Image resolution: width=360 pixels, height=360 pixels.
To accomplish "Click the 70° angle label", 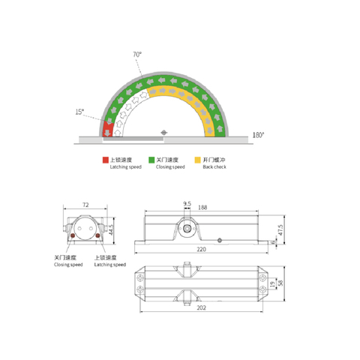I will click(137, 55).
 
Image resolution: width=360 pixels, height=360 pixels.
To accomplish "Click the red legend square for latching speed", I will click(106, 160).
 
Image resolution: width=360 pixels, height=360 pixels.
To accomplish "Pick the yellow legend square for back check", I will click(196, 160).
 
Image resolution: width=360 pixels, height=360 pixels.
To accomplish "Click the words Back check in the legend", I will click(214, 166).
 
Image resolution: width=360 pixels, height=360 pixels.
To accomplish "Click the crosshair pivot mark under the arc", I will click(164, 134).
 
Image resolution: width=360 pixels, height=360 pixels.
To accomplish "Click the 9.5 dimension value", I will click(187, 203).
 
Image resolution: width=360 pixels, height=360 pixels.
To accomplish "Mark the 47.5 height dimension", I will click(281, 227).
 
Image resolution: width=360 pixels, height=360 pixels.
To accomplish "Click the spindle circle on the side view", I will click(184, 226).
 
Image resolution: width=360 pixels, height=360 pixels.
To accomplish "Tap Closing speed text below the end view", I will click(67, 264).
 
